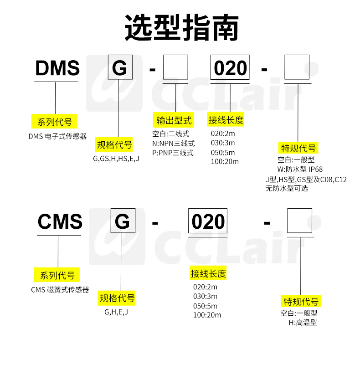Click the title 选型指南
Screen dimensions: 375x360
click(x=182, y=28)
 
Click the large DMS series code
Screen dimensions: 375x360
click(x=57, y=69)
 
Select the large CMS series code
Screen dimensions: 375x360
click(x=60, y=222)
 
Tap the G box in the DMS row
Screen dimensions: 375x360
click(x=120, y=69)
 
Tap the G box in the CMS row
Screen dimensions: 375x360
click(x=123, y=222)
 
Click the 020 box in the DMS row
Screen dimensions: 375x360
click(x=230, y=69)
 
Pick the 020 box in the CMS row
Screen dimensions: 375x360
click(x=208, y=222)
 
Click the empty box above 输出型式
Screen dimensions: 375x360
click(x=175, y=69)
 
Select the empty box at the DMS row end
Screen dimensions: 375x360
click(x=297, y=67)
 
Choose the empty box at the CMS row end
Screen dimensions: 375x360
click(x=299, y=221)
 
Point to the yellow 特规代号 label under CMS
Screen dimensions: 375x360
click(x=302, y=302)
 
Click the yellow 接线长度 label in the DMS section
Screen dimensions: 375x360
click(x=226, y=120)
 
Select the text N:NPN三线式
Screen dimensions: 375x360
click(x=174, y=144)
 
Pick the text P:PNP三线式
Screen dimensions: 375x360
click(x=173, y=153)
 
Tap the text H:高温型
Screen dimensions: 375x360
click(x=303, y=323)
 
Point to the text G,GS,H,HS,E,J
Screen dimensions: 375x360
click(x=116, y=159)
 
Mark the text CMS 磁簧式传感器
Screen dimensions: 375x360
click(x=60, y=290)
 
